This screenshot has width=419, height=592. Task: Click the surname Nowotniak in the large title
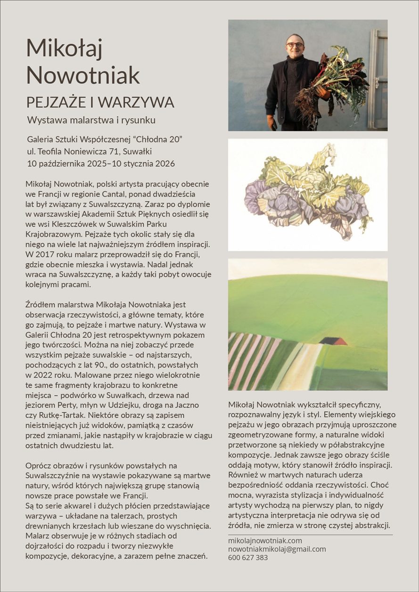[x=83, y=75]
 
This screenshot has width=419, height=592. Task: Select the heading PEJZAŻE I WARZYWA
[x=100, y=102]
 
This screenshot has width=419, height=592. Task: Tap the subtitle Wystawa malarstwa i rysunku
[x=91, y=120]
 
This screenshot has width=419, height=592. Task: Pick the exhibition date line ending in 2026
[x=101, y=164]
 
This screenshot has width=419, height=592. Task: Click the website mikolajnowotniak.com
[x=265, y=541]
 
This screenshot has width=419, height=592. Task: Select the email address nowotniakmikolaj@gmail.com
[x=277, y=549]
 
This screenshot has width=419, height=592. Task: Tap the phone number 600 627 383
[x=248, y=558]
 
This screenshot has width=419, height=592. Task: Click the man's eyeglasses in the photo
[x=295, y=45]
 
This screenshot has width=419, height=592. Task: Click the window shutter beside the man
[x=378, y=78]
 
